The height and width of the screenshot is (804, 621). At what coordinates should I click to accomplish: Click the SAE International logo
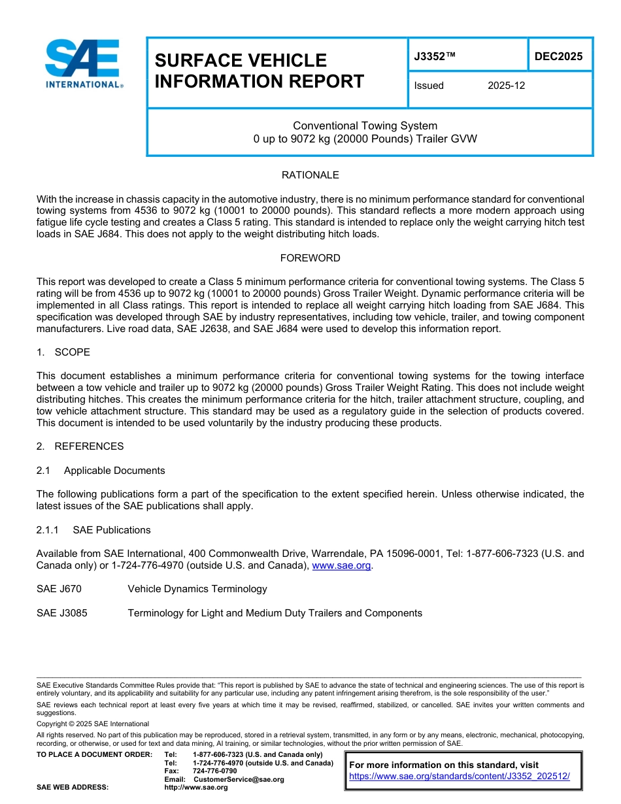point(84,64)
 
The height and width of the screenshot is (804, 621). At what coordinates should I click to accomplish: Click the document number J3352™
point(434,57)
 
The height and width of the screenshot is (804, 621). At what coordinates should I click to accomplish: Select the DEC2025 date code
point(558,57)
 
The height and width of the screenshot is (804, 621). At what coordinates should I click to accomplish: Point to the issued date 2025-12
point(506,86)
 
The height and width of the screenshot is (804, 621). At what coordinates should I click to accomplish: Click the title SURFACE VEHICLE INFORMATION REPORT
point(259,71)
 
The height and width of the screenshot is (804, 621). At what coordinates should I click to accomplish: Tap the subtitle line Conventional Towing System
point(365,126)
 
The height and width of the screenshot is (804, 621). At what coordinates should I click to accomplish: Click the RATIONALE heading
point(310,175)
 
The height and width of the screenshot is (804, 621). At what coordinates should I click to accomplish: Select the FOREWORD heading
point(310,258)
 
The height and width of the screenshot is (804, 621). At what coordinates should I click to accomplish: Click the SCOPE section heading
point(72,352)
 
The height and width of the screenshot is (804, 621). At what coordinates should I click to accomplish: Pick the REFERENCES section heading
point(89,446)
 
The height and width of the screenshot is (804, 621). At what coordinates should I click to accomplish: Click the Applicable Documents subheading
point(114,471)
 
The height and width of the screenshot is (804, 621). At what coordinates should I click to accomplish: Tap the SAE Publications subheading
point(112,530)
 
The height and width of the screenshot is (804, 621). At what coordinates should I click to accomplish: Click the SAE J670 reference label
point(59,589)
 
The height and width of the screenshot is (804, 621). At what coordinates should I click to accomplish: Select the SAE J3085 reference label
point(62,613)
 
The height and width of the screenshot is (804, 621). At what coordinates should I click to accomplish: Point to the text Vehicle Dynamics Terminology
point(197,589)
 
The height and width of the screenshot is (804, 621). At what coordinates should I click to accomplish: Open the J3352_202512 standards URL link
point(460,777)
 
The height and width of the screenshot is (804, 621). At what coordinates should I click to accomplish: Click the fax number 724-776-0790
point(214,771)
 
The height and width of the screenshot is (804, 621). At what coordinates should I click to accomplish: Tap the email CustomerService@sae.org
point(239,780)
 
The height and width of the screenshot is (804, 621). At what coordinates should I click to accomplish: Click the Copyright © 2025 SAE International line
point(93,724)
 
